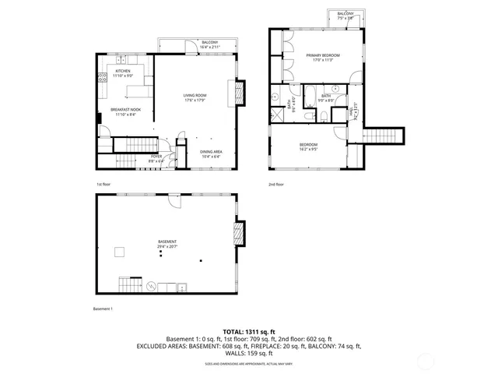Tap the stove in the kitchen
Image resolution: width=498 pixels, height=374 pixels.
coord(101,76)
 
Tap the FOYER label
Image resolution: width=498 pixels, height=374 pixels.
coord(156,157)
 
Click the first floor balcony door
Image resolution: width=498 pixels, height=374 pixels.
coord(187,51)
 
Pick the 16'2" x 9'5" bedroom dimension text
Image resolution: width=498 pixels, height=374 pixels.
coord(310,150)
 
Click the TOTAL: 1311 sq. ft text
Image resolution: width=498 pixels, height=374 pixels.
coord(248,332)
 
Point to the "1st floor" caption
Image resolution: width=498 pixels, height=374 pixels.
coord(104,184)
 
